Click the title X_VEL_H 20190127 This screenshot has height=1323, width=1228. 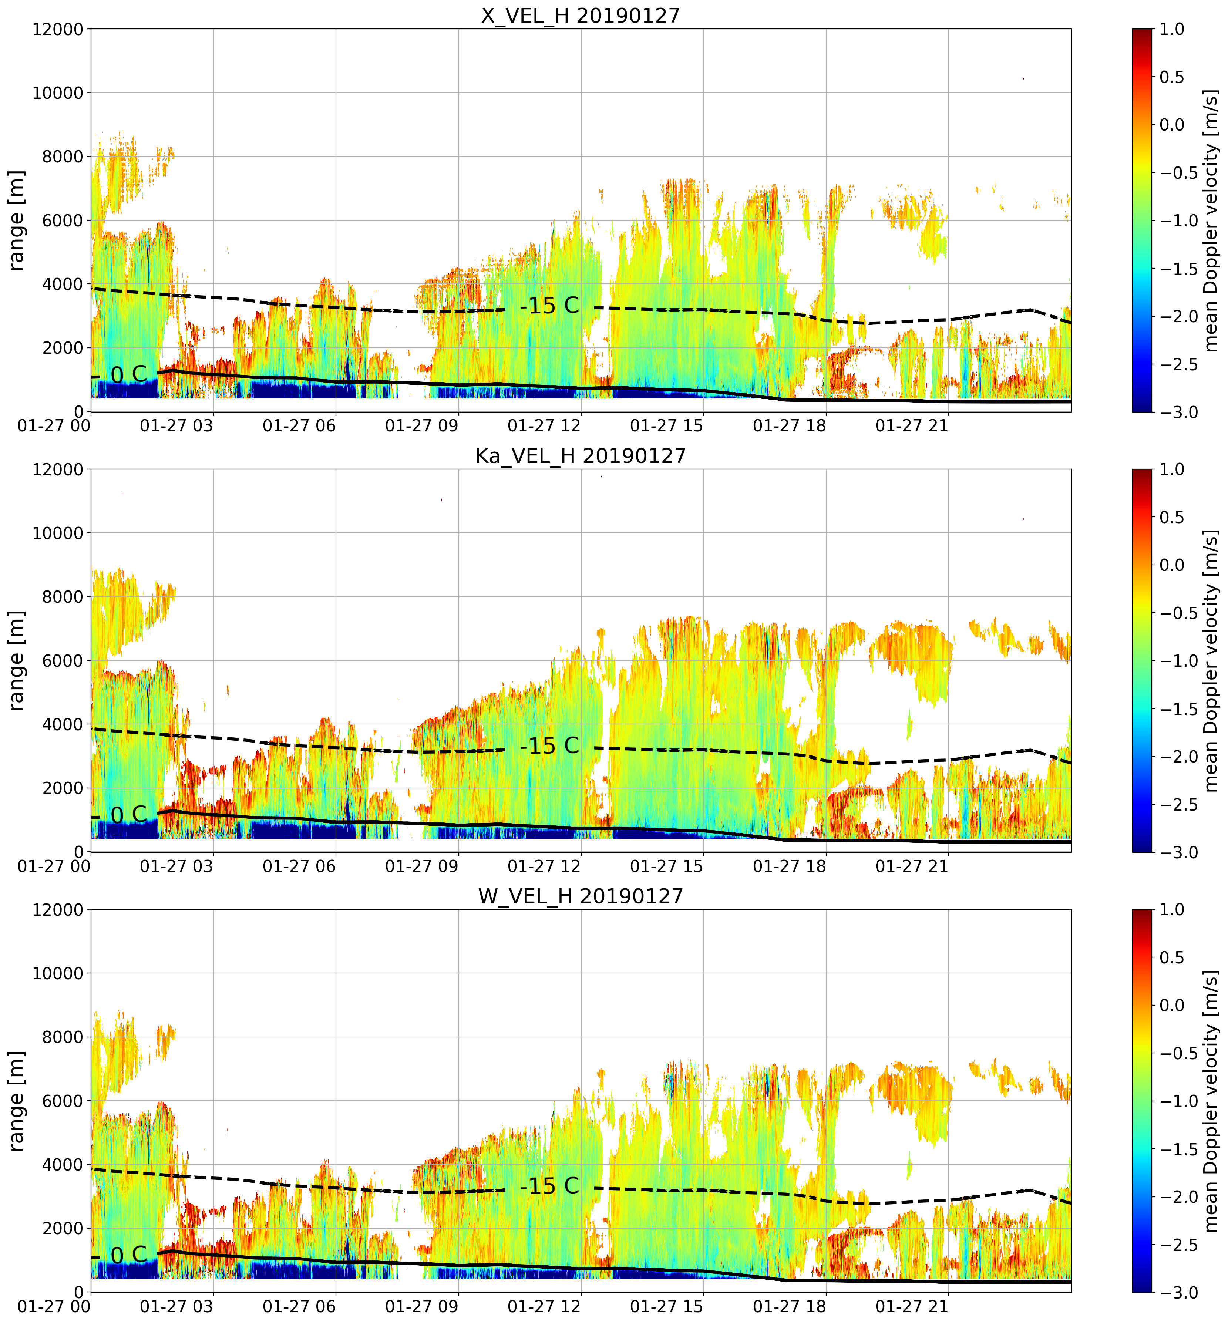coord(581,15)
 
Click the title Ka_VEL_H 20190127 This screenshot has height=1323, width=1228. coord(581,456)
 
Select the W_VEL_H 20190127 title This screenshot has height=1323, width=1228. coord(581,896)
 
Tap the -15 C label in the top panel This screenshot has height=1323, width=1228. coord(549,306)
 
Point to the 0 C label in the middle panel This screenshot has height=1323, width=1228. coord(129,815)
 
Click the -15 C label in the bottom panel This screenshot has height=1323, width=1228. coord(549,1186)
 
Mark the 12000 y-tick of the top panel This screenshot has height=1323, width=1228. coord(58,29)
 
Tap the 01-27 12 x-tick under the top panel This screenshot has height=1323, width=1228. coord(544,425)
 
